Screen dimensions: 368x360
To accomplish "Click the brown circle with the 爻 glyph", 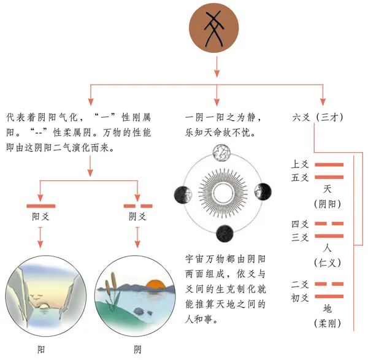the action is point(214,28).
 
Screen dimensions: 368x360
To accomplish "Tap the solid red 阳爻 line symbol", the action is point(41,206).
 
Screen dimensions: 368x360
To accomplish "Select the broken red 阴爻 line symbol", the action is point(138,206).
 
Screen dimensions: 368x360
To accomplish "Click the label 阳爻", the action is point(41,216).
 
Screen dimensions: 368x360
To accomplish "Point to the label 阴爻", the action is point(138,216).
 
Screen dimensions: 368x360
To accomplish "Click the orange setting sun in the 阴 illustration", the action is point(155,285).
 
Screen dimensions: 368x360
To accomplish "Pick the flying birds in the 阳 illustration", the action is point(36,297).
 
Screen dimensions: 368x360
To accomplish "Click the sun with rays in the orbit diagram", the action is point(223,193).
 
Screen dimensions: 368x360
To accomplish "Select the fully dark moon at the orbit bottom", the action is point(224,234).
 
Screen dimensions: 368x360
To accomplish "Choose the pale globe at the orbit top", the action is point(222,153).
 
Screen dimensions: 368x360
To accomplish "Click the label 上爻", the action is point(300,164).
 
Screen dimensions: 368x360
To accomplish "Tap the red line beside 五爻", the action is point(329,177).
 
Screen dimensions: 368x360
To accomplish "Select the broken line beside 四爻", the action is point(329,224).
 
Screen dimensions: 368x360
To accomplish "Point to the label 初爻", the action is point(300,298).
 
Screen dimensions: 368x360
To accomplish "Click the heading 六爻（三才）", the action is point(318,117).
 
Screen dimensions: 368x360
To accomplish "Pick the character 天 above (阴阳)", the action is point(328,189).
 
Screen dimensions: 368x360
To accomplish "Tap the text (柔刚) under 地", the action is point(328,324).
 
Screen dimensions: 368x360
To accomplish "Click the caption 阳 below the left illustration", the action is point(41,350).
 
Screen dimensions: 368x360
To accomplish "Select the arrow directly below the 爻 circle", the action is point(217,67).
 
